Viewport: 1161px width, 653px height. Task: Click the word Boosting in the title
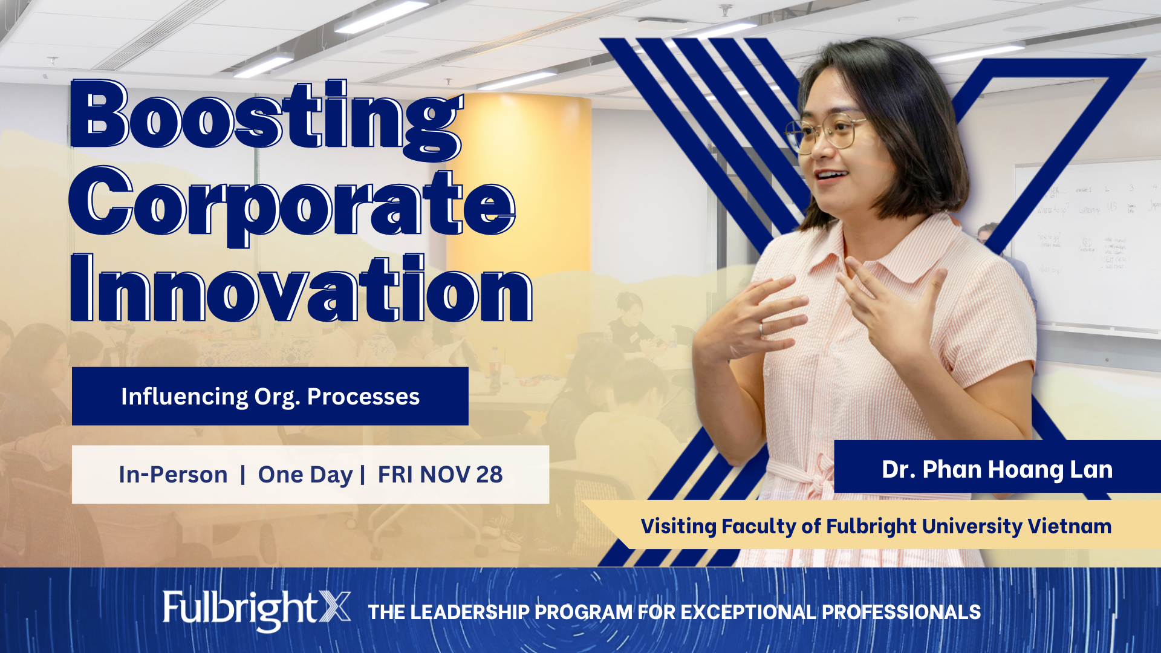coord(266,120)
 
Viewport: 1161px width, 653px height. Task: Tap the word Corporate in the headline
coord(292,206)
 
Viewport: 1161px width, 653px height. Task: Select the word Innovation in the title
coord(301,289)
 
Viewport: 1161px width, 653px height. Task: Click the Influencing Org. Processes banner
coord(270,396)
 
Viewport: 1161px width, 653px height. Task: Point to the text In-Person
coord(173,475)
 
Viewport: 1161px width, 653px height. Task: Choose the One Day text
coord(305,475)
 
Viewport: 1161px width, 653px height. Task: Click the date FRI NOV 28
coord(440,475)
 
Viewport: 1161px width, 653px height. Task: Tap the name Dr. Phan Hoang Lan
coord(997,470)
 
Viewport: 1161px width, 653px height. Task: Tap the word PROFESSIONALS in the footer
coord(901,612)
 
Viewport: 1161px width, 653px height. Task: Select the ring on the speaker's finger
coord(761,330)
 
